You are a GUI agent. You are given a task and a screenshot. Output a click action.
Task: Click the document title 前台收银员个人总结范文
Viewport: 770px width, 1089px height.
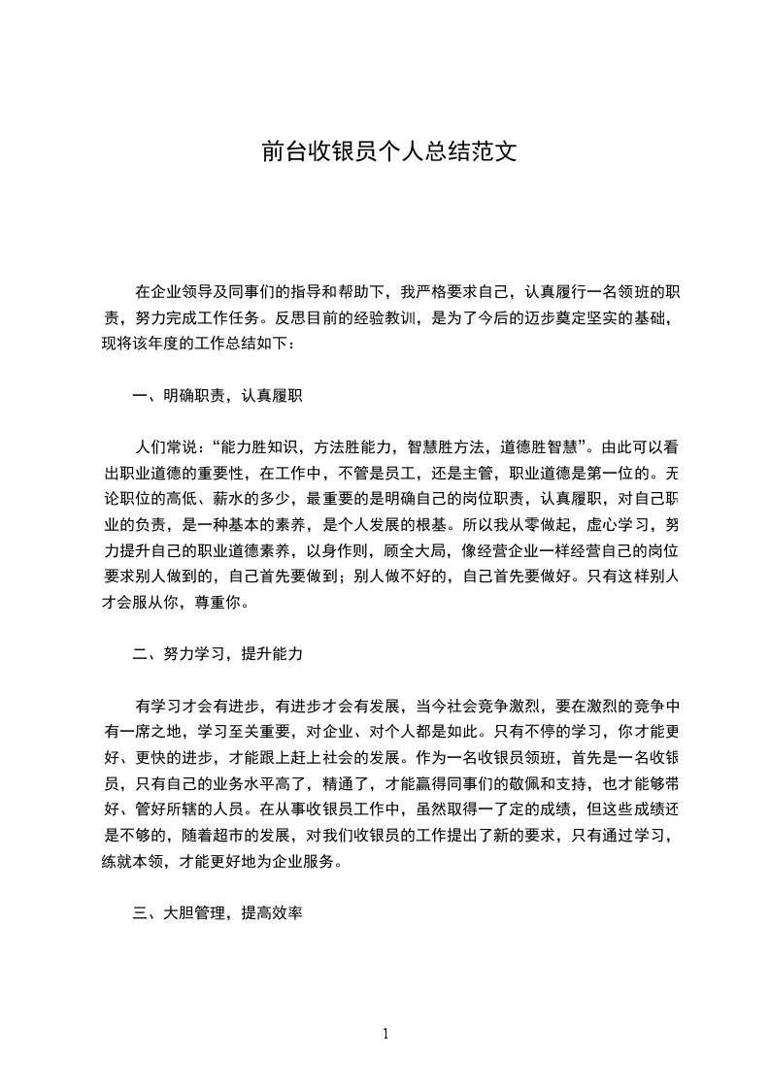385,152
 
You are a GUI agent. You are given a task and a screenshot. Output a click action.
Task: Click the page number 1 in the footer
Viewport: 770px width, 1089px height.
385,1034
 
